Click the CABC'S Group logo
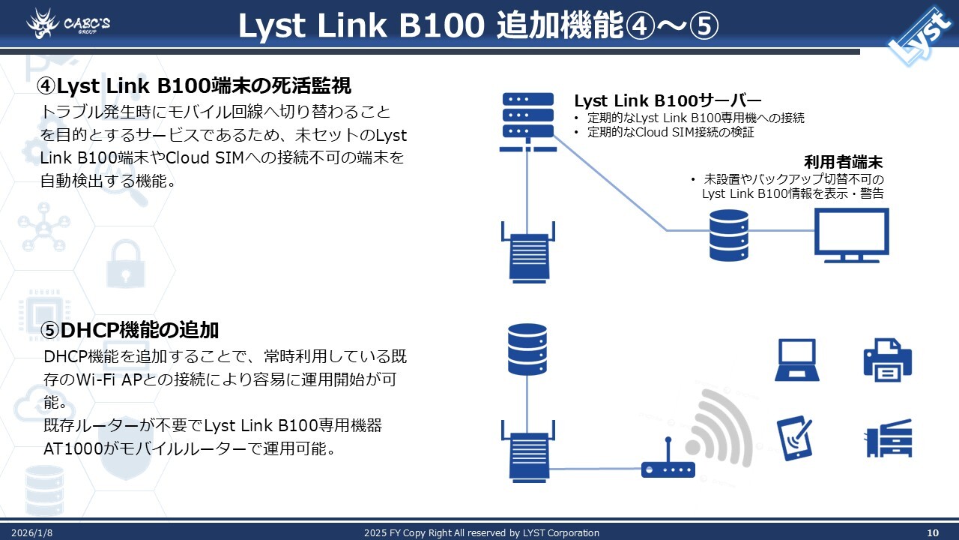click(x=68, y=23)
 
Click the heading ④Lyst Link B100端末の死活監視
click(x=194, y=86)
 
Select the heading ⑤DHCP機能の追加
click(x=129, y=329)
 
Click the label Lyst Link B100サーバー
click(x=668, y=100)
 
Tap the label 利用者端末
click(x=844, y=162)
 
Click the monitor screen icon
click(x=852, y=235)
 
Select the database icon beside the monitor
click(x=728, y=235)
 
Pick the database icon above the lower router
click(x=527, y=349)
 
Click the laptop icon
click(x=796, y=360)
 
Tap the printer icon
click(x=887, y=360)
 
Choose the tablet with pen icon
click(x=796, y=438)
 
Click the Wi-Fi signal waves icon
click(x=719, y=427)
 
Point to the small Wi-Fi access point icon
click(x=668, y=468)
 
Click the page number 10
click(x=933, y=532)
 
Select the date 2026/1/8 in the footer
click(x=31, y=532)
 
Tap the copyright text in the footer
click(x=481, y=532)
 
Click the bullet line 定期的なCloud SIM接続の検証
click(x=671, y=133)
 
